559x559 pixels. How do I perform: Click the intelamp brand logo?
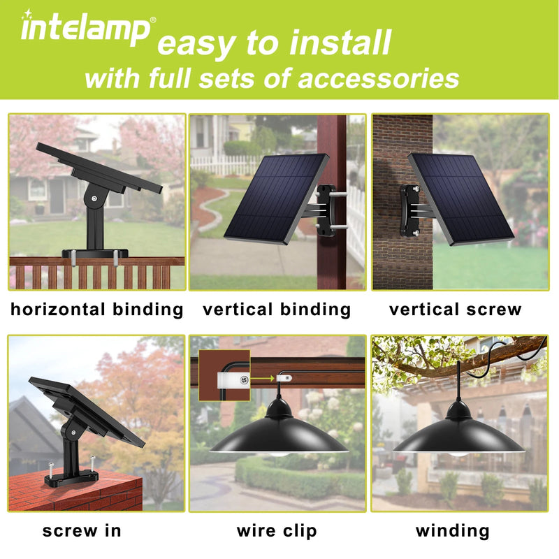(x=85, y=28)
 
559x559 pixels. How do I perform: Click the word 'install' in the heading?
(x=340, y=43)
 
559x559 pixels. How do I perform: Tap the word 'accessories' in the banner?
(x=378, y=79)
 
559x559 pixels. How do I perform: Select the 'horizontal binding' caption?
(x=97, y=310)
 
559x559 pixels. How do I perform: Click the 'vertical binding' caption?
(x=277, y=310)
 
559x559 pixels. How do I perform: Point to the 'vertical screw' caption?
(x=456, y=310)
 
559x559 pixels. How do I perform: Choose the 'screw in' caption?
(x=82, y=531)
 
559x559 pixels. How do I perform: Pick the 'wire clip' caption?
(x=277, y=531)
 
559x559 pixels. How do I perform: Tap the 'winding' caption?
(x=453, y=531)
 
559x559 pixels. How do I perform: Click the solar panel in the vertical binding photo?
(x=276, y=199)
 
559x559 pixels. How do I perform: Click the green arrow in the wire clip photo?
(x=262, y=379)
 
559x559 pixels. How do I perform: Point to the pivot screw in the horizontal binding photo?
(x=94, y=198)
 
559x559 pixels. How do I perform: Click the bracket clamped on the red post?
(x=326, y=210)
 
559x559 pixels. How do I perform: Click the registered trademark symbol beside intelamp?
(x=153, y=20)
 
